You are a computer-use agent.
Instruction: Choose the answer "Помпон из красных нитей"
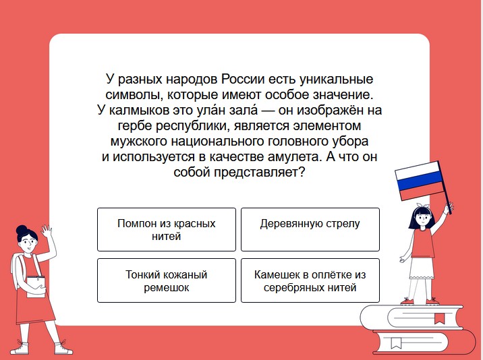167,229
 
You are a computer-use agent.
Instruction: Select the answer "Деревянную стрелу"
310,229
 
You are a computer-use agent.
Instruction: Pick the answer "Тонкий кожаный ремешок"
167,280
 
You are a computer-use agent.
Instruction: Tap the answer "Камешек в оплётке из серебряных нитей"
310,280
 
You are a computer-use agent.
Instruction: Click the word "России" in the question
243,79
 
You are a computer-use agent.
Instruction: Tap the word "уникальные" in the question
337,79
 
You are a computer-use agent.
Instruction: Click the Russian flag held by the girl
419,181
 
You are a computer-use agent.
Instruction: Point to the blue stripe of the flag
420,181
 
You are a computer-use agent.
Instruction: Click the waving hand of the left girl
46,231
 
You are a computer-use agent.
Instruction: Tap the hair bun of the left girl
22,230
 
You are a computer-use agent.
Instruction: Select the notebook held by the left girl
36,287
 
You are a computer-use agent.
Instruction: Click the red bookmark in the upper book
439,318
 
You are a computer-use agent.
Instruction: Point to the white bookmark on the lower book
396,342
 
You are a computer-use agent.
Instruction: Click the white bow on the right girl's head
422,206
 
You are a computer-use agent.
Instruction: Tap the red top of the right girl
422,243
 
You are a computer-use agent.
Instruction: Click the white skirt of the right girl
422,268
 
